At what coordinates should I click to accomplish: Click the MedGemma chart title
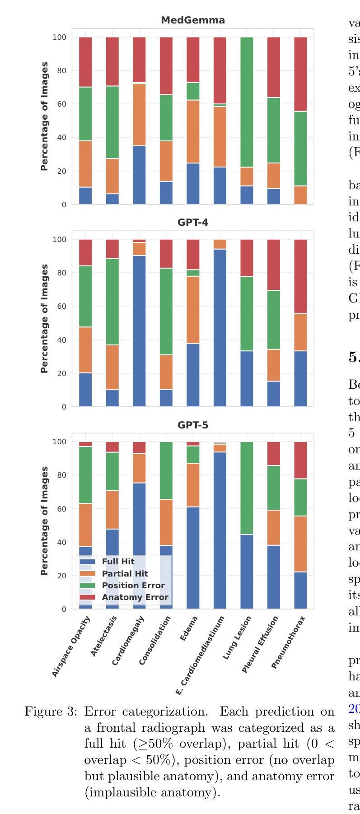[193, 20]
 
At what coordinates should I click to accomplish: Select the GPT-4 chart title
[193, 223]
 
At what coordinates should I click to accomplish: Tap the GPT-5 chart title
[193, 425]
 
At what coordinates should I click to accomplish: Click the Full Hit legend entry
[118, 562]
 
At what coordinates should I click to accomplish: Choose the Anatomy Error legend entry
[135, 597]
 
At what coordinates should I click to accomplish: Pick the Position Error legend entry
[133, 586]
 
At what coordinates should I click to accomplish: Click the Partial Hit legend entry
[125, 574]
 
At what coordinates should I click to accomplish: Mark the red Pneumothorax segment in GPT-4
[300, 276]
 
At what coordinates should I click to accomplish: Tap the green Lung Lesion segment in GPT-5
[247, 488]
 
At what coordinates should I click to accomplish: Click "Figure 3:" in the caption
[51, 712]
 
